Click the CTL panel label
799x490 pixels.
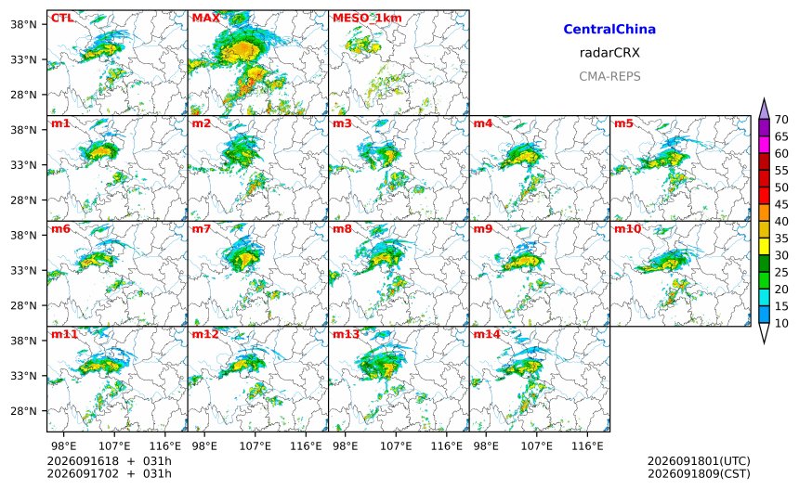[62, 19]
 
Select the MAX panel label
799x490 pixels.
[206, 19]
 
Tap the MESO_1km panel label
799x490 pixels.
[367, 19]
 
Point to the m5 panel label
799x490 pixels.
[623, 123]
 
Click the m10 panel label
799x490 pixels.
[627, 228]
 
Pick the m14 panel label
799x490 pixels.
[487, 334]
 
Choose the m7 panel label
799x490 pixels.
[201, 228]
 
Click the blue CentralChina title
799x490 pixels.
[609, 29]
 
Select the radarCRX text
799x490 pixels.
[609, 52]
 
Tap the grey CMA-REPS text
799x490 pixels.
[609, 76]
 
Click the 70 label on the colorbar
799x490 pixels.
[781, 120]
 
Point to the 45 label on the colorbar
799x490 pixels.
[781, 204]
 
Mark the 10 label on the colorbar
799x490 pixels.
[781, 323]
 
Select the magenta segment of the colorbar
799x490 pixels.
[764, 145]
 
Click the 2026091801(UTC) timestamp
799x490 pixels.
[699, 461]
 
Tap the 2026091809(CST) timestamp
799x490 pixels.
[699, 473]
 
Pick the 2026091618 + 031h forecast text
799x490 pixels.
[109, 461]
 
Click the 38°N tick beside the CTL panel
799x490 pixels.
[24, 24]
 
